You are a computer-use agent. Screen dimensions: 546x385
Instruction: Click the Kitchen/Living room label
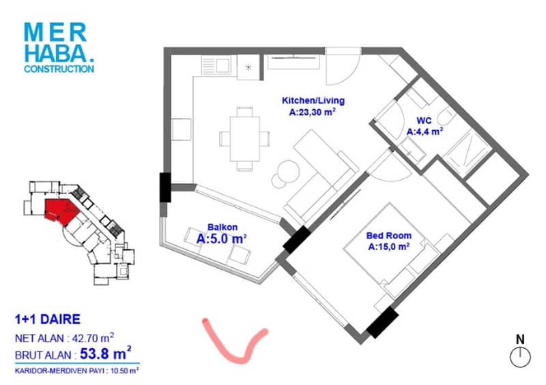tap(313, 101)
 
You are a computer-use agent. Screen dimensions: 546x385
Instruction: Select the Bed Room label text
tap(388, 236)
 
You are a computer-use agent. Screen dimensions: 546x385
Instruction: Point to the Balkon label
tap(222, 227)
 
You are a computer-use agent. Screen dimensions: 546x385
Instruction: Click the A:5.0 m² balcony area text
tap(221, 239)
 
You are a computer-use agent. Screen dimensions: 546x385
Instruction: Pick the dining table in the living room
tap(245, 139)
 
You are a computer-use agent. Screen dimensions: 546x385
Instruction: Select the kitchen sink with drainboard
tap(216, 65)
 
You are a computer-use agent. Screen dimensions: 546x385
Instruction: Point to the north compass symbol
tap(520, 352)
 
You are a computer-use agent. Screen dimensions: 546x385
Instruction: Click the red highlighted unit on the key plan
tap(61, 211)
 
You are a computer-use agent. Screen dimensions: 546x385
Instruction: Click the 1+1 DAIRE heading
tap(48, 320)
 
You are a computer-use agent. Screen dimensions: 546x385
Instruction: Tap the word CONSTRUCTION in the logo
tap(59, 69)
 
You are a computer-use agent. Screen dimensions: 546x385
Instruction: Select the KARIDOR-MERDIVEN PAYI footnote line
tap(76, 371)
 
